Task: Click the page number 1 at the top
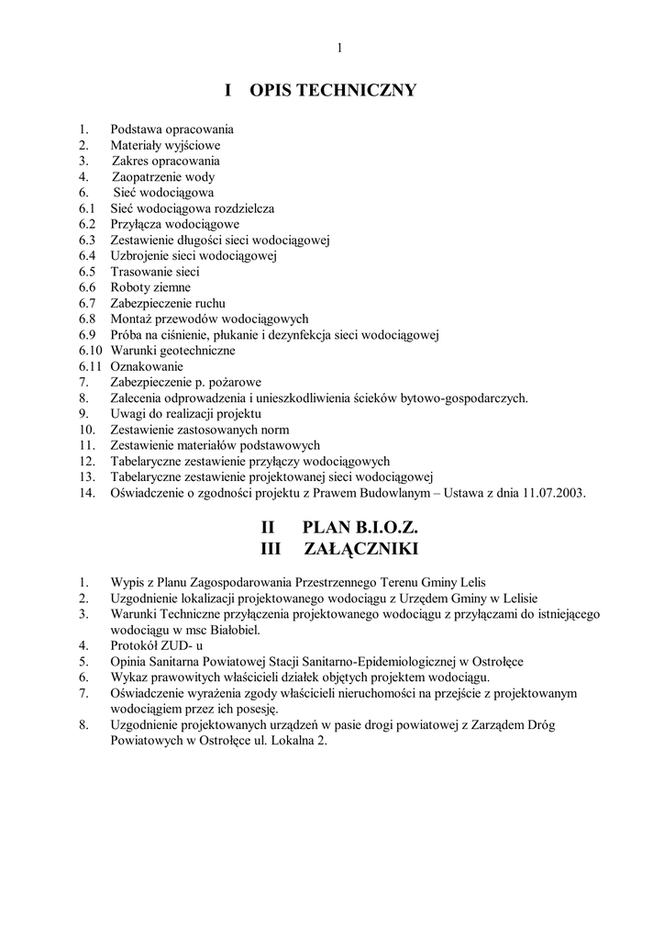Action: point(338,48)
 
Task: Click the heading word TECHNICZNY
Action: point(361,90)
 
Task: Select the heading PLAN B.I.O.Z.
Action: point(360,529)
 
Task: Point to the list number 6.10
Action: point(92,351)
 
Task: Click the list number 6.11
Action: point(92,366)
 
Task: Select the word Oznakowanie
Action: point(147,366)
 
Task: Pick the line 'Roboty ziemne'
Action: point(150,287)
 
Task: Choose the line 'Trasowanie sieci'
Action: point(155,272)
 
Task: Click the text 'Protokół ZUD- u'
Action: point(153,645)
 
